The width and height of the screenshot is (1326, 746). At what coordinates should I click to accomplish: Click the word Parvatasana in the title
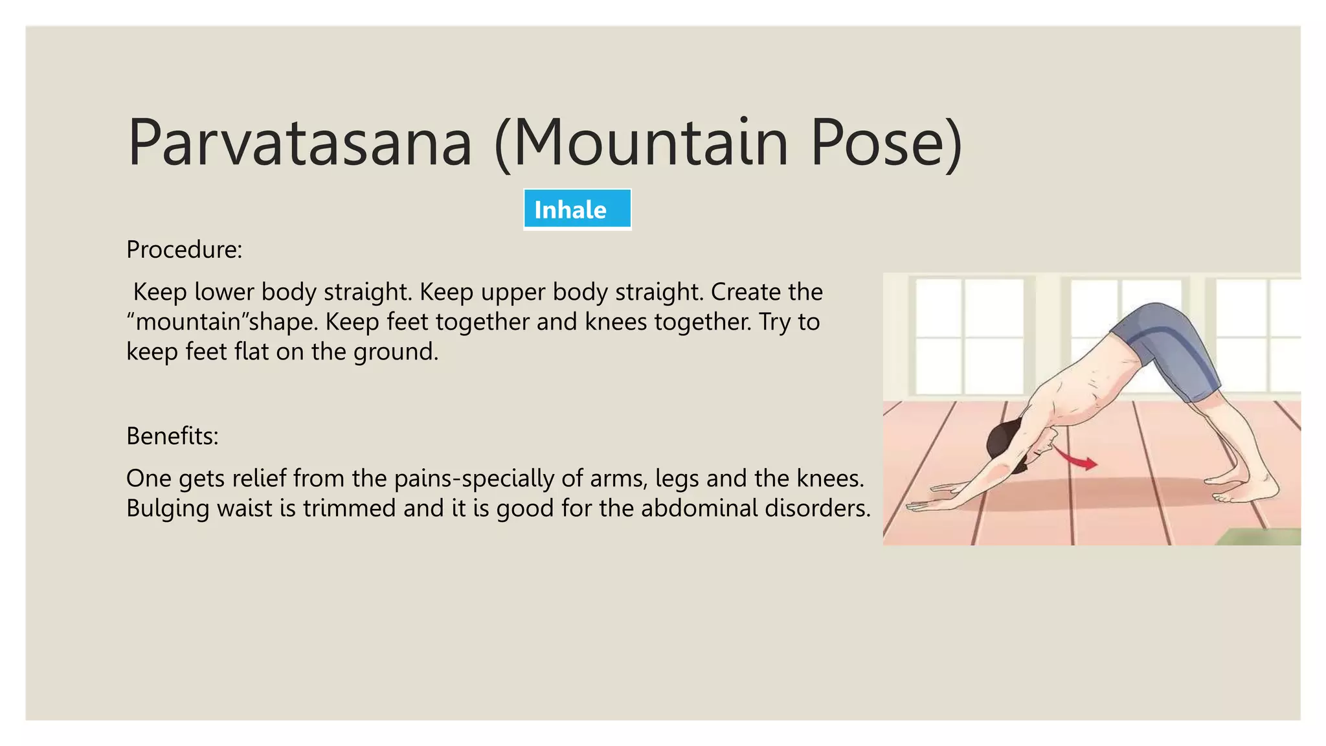pos(300,142)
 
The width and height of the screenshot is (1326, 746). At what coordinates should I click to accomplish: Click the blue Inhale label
pos(577,210)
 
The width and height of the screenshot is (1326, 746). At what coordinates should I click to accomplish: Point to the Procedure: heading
pos(185,250)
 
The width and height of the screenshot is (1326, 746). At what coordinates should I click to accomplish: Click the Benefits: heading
pos(172,436)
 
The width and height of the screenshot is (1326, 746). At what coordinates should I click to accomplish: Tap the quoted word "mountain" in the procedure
pos(188,322)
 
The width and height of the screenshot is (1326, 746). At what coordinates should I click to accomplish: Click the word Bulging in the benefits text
pos(168,508)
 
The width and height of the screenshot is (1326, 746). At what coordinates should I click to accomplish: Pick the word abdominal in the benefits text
pos(699,508)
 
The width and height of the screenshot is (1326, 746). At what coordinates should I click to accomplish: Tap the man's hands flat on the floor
pos(939,499)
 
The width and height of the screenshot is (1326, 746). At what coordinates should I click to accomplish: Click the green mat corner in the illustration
pos(1263,537)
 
